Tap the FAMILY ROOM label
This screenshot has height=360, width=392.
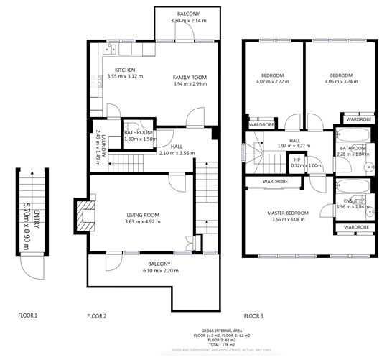190,76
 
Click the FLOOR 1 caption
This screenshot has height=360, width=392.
28,315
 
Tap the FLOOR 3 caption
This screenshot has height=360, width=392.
254,315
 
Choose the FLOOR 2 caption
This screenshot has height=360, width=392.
96,315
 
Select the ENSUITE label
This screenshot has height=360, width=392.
353,200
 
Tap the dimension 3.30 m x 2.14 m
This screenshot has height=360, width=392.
189,21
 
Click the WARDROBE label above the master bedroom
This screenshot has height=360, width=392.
275,182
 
